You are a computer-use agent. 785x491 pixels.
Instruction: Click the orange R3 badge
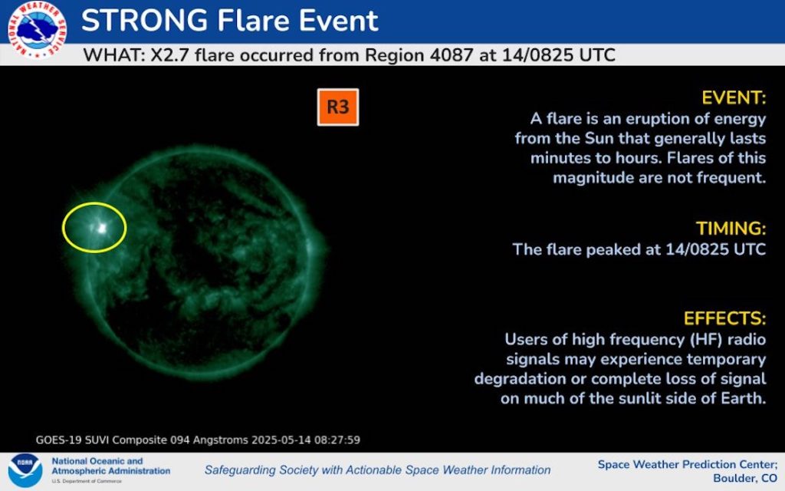pyautogui.click(x=338, y=107)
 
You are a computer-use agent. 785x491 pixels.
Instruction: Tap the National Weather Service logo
pyautogui.click(x=38, y=30)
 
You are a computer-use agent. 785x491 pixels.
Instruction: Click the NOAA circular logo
pyautogui.click(x=25, y=470)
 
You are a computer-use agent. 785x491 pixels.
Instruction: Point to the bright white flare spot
pyautogui.click(x=102, y=228)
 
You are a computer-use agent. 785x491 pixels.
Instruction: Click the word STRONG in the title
pyautogui.click(x=144, y=21)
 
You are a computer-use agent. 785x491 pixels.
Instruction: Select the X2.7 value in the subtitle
pyautogui.click(x=169, y=54)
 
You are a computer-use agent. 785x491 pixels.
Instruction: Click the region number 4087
pyautogui.click(x=451, y=54)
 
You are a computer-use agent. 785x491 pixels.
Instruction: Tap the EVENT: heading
pyautogui.click(x=734, y=97)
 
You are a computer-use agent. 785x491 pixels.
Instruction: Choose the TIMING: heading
pyautogui.click(x=731, y=229)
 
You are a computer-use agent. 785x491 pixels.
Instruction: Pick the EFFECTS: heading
pyautogui.click(x=725, y=318)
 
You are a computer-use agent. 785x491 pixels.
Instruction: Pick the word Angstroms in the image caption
pyautogui.click(x=220, y=440)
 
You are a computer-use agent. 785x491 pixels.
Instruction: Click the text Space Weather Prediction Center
pyautogui.click(x=688, y=464)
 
